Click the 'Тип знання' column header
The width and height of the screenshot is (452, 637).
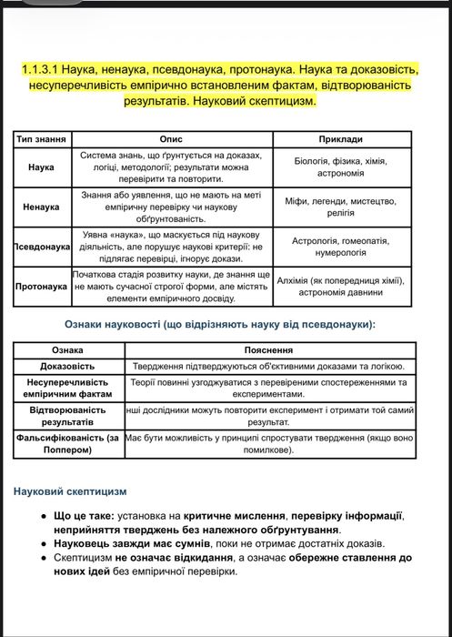coord(42,139)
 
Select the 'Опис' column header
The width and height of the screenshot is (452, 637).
coord(171,139)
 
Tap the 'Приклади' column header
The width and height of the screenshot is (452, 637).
coord(341,139)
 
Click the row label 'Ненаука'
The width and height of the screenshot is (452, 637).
coord(42,207)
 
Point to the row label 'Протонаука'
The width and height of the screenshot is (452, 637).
coord(42,286)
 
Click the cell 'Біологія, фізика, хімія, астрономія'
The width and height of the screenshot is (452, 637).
coord(341,167)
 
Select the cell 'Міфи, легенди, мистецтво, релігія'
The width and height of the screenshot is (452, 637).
coord(341,207)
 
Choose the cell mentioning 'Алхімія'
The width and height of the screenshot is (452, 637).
coord(341,286)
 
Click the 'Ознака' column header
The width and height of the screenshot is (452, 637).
coord(67,349)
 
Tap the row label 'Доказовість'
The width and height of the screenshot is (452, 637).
coord(67,367)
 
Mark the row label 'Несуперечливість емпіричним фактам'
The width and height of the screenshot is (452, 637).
coord(67,389)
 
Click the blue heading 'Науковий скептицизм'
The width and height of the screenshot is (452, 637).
coord(70,491)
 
